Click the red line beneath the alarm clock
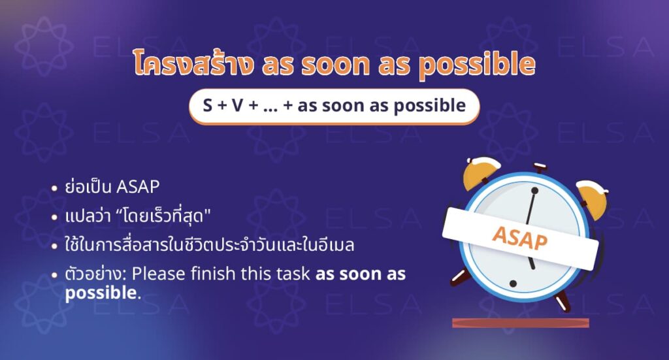pos(520,323)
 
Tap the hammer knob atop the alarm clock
pos(540,169)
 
